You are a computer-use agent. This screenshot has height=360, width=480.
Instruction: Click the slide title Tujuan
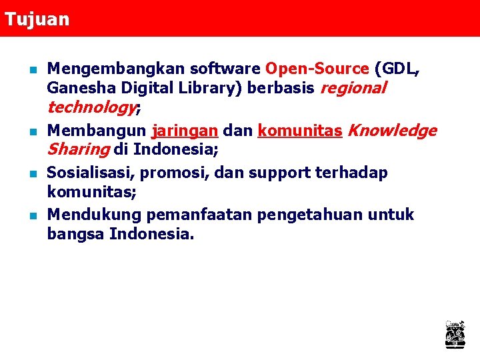click(36, 19)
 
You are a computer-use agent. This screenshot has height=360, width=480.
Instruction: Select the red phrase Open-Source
click(317, 69)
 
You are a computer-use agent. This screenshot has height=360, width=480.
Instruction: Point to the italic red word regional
click(353, 88)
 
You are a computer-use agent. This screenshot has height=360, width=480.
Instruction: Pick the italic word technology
click(91, 107)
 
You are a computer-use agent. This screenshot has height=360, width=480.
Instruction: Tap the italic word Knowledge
click(392, 130)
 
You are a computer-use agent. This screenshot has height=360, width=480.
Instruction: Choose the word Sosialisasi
click(91, 173)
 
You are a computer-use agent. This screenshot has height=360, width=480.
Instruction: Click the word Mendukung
click(94, 215)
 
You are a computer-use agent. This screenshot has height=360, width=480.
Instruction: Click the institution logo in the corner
click(455, 334)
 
